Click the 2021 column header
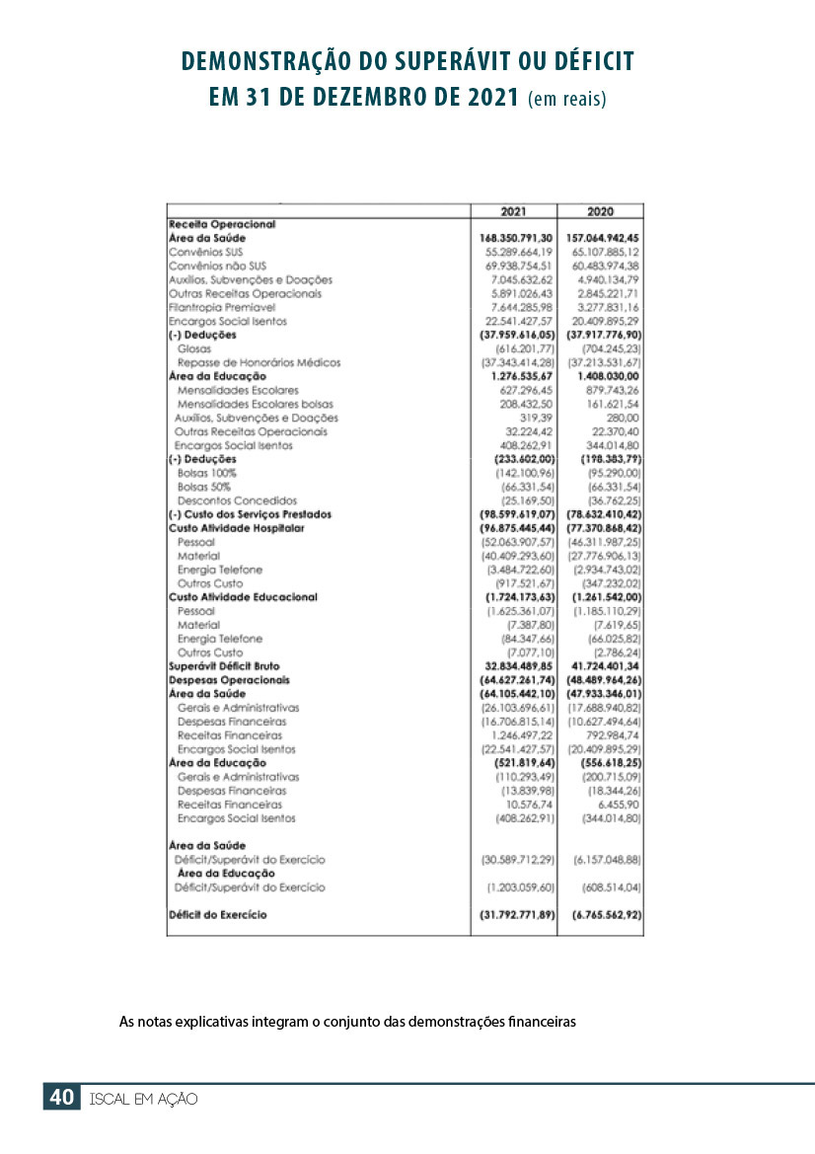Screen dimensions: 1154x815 point(513,211)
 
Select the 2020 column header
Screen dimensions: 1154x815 point(600,211)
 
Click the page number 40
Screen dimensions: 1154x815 point(61,1098)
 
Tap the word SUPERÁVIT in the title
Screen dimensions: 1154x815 point(464,63)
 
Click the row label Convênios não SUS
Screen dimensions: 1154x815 point(218,266)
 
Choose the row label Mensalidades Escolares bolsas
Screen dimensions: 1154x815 point(255,404)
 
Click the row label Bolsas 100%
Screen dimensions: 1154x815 point(205,473)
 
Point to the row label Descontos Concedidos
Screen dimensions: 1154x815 point(237,500)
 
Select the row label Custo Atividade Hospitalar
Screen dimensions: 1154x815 point(236,528)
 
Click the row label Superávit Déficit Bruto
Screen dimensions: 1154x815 point(224,666)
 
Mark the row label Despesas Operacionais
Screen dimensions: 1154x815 point(229,680)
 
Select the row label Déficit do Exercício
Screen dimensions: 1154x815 point(218,915)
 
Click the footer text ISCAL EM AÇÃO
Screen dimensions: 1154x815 point(143,1099)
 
